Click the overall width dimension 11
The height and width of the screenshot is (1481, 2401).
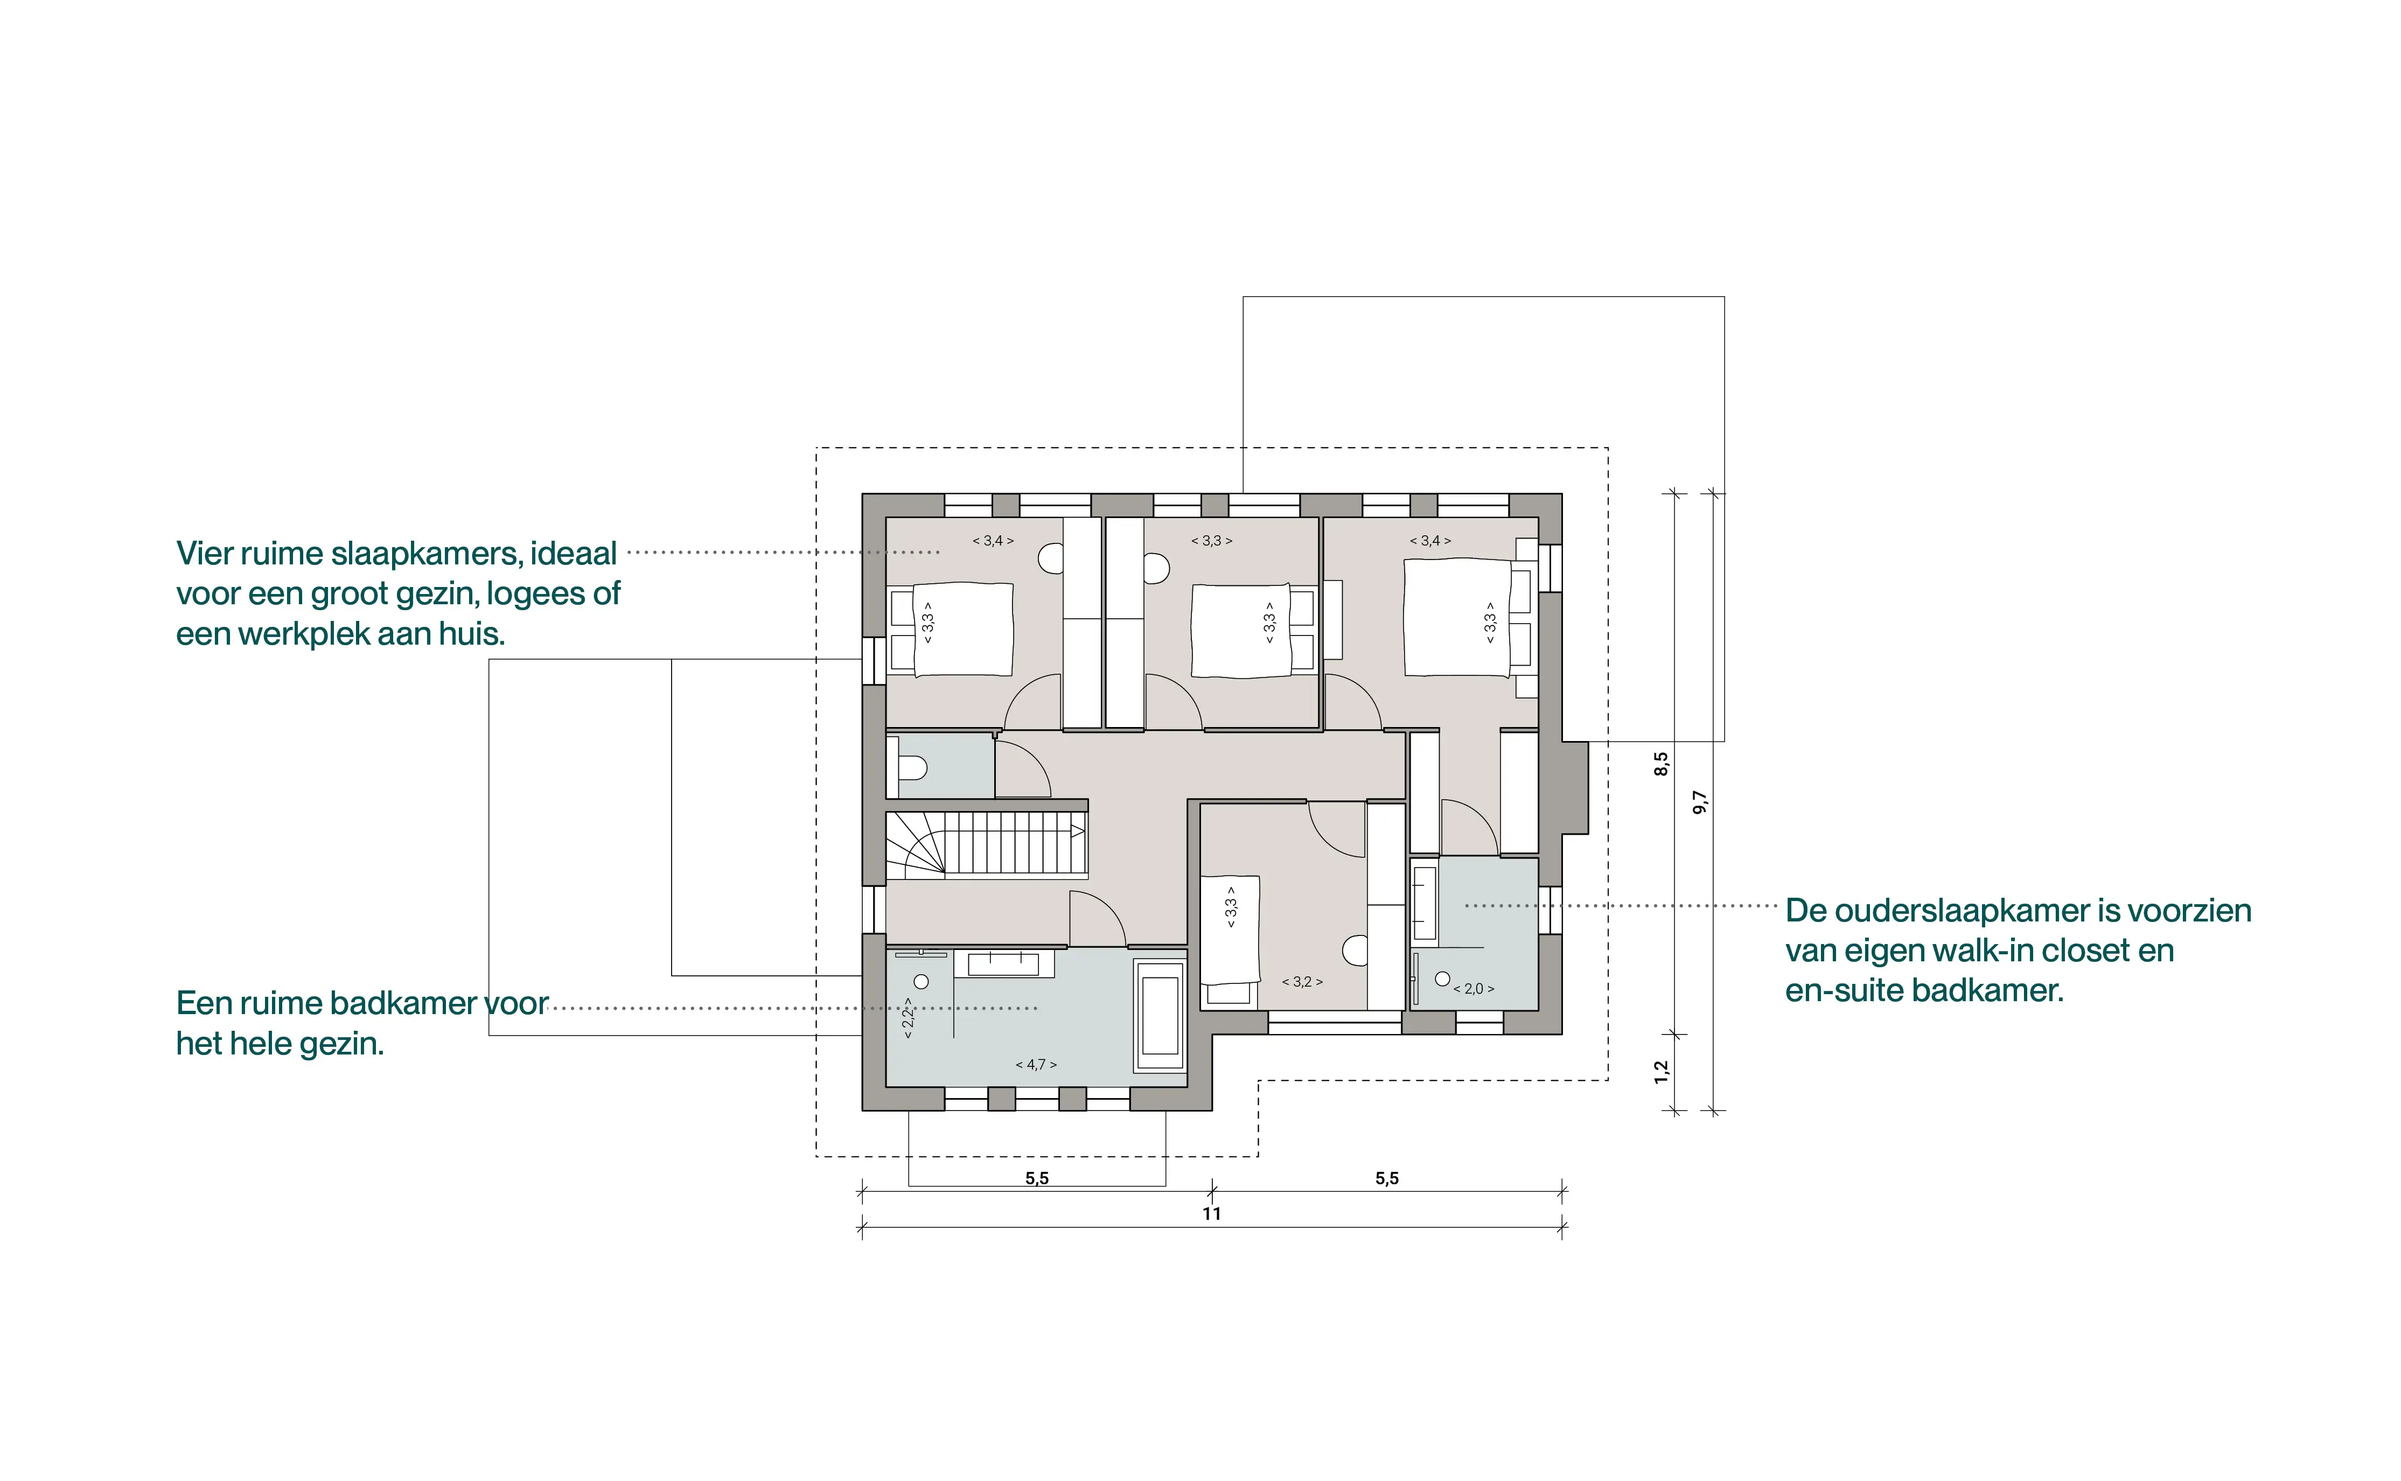1212,1213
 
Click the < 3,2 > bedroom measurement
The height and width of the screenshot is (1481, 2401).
1303,981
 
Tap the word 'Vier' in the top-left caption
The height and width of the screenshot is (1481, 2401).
204,554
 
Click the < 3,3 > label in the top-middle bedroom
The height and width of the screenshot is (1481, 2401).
1212,541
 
